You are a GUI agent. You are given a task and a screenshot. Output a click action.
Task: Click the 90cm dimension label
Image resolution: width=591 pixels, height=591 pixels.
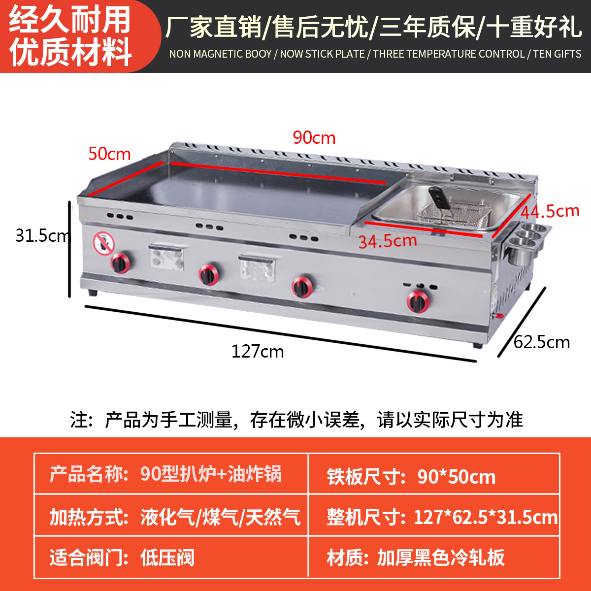(x=314, y=138)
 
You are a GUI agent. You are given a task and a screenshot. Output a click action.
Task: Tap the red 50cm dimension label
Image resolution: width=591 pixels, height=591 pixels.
(x=109, y=154)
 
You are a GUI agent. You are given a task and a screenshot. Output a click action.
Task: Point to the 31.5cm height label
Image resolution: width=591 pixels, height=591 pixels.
(x=42, y=235)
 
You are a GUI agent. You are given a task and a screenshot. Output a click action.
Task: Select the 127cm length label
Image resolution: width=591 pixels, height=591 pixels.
(x=258, y=352)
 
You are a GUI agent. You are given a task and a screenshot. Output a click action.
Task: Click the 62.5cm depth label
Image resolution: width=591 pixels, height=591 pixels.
(x=542, y=342)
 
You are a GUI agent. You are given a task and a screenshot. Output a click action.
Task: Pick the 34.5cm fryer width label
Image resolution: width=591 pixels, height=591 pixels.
(x=388, y=241)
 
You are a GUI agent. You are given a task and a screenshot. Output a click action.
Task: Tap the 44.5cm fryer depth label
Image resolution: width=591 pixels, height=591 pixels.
(x=550, y=212)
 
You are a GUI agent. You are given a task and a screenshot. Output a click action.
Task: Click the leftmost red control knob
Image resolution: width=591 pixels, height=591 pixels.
(x=120, y=263)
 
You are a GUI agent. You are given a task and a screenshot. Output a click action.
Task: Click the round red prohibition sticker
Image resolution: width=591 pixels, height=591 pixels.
(x=103, y=244)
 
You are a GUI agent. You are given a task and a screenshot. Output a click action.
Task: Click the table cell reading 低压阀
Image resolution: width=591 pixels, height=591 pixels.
(x=167, y=558)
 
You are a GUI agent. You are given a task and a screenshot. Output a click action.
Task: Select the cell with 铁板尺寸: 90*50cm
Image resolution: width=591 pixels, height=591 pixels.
(x=411, y=477)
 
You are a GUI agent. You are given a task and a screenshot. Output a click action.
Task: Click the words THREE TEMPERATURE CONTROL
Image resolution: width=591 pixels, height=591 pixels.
(x=449, y=54)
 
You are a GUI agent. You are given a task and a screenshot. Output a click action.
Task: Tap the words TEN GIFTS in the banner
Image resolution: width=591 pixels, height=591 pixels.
(x=557, y=54)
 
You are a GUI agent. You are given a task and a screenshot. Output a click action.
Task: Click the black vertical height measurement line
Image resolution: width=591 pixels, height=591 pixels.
(x=70, y=249)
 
